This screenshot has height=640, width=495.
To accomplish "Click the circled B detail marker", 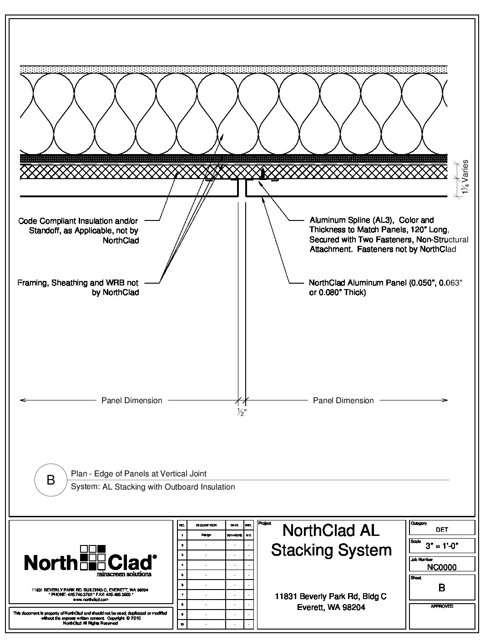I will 51,480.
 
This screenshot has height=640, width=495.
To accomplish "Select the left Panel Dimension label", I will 131,400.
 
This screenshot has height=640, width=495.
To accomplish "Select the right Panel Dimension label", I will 343,400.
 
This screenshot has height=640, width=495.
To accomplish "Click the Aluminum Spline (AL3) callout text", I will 389,235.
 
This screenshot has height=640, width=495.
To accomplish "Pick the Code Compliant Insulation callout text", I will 78,230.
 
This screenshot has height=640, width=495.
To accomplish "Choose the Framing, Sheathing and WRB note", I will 78,287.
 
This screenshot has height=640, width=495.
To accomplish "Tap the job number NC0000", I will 441,567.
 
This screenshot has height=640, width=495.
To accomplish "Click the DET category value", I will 442,530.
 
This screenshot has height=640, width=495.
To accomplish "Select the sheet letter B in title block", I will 441,588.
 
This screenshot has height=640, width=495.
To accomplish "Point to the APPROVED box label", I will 442,606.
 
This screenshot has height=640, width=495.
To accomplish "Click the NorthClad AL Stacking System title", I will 331,540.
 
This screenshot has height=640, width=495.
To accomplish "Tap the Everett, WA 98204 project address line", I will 331,607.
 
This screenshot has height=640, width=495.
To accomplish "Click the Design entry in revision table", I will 206,535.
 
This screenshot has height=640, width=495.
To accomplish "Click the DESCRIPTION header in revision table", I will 206,525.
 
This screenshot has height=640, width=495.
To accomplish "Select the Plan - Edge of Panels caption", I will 138,474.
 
